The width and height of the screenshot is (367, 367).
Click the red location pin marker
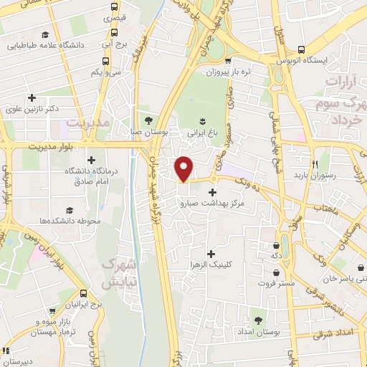[184, 168]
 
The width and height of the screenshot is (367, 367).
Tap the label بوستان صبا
[148, 133]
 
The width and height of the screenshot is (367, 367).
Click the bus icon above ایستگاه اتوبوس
[301, 49]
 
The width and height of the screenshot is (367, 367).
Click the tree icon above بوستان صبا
[148, 120]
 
